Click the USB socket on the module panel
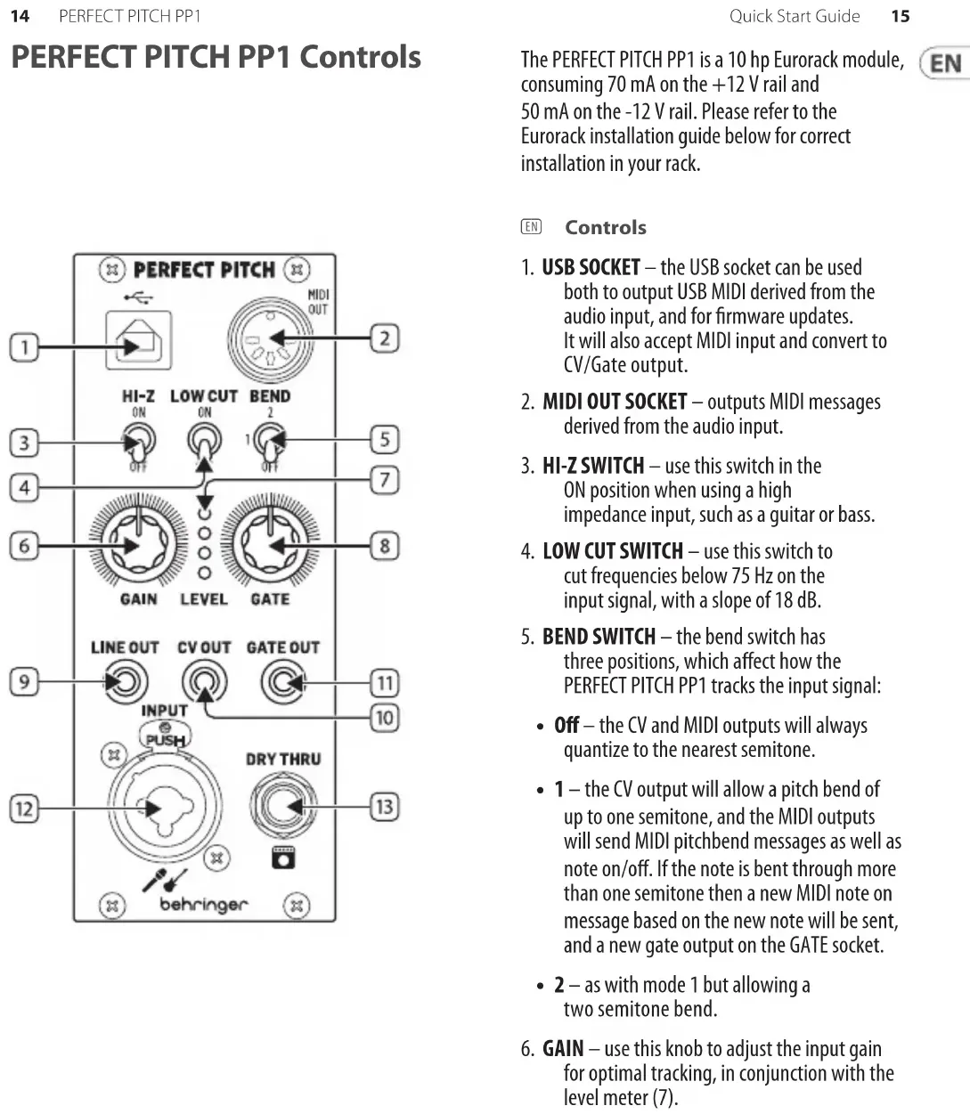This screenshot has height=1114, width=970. click(137, 339)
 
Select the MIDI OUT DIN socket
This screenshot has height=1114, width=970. click(270, 339)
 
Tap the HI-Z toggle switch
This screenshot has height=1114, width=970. click(139, 439)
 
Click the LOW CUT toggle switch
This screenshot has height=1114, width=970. click(204, 439)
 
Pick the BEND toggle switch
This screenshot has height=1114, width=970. click(269, 439)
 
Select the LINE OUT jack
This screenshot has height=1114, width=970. click(124, 683)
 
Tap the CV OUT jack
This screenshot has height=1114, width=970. click(204, 683)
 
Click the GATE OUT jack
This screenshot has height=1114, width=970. click(283, 683)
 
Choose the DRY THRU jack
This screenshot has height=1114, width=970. click(282, 807)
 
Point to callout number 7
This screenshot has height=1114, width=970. click(385, 481)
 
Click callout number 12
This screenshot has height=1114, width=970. click(24, 809)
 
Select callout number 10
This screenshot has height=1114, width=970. click(385, 717)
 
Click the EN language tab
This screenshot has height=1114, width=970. click(946, 63)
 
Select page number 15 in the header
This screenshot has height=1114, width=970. click(901, 16)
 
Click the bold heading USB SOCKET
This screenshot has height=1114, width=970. click(591, 267)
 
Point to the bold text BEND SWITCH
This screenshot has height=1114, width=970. click(599, 637)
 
